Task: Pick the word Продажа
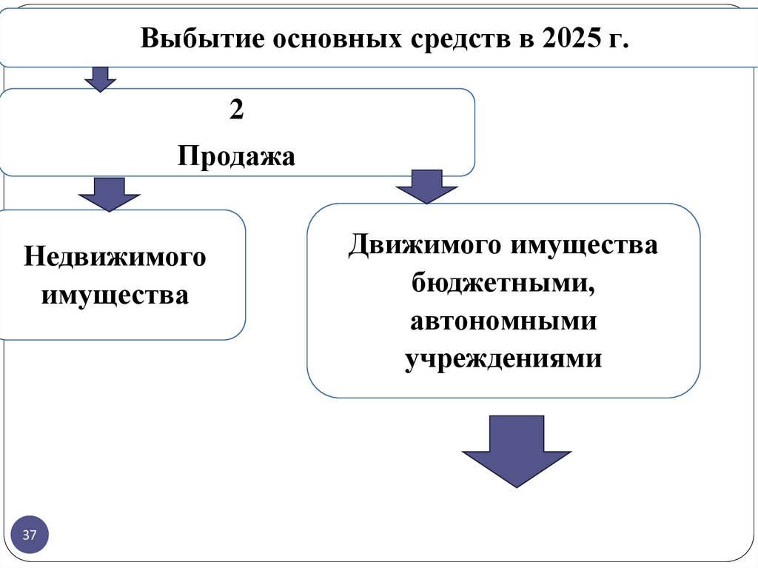point(236,156)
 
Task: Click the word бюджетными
point(503,283)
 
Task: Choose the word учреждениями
point(503,358)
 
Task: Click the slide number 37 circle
point(30,535)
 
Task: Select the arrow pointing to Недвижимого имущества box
point(109,194)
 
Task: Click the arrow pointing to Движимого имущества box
point(427,187)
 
